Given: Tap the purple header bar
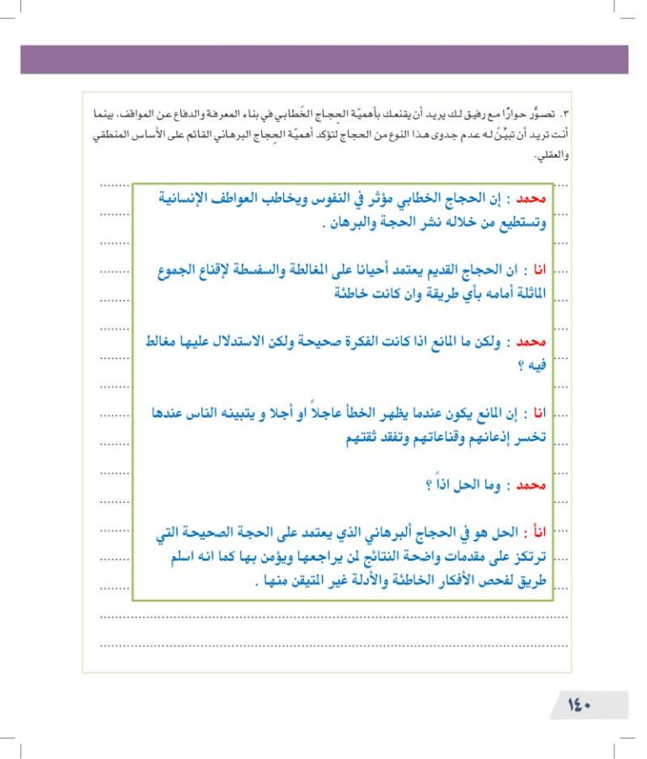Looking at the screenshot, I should coord(324,59).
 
